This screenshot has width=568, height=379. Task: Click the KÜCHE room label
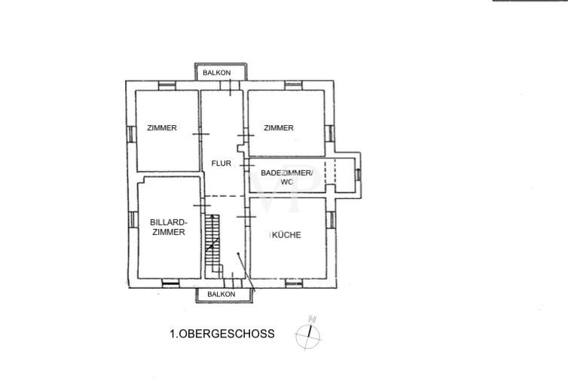click(x=286, y=235)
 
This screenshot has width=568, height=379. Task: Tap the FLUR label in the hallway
click(x=221, y=164)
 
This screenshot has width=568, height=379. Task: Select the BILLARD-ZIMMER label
click(x=169, y=228)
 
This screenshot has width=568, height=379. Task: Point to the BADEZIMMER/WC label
click(x=286, y=177)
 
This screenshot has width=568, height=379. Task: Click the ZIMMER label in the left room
click(x=162, y=128)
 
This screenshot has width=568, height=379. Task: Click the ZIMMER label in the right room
click(x=279, y=128)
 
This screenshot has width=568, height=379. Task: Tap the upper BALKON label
click(x=217, y=73)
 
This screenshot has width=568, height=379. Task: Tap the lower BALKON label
click(x=221, y=294)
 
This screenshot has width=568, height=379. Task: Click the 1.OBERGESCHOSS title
click(x=222, y=334)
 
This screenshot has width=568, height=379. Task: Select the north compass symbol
click(x=308, y=334)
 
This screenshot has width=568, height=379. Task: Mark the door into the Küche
click(x=246, y=217)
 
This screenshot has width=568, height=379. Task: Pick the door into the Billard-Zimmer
click(x=202, y=206)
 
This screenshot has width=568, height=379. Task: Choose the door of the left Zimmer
click(x=200, y=134)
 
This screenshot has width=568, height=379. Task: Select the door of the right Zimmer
click(x=246, y=135)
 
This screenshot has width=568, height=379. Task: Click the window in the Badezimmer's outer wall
click(x=358, y=175)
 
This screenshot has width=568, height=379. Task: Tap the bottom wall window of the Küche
click(x=294, y=283)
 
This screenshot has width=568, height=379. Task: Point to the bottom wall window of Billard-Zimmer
click(x=170, y=283)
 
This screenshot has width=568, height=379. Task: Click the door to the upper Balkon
click(x=230, y=85)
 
